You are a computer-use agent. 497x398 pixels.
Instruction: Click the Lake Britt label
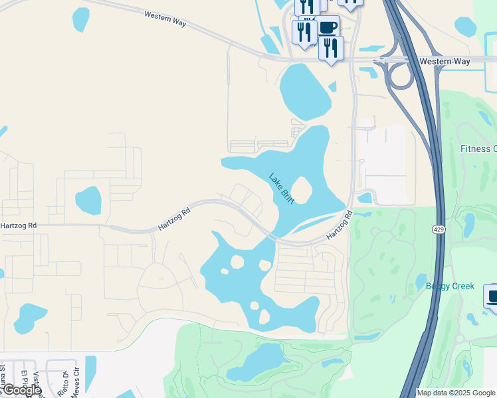click(282, 189)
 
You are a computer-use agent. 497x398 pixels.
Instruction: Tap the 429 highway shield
click(438, 229)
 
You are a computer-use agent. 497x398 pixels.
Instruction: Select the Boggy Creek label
click(450, 286)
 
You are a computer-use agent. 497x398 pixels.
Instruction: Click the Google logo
click(22, 390)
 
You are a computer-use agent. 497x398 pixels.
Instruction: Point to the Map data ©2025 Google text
click(456, 393)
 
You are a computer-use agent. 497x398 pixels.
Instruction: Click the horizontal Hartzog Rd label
click(18, 226)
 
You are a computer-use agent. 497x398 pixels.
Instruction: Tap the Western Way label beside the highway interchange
click(445, 61)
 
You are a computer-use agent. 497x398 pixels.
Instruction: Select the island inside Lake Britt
click(301, 191)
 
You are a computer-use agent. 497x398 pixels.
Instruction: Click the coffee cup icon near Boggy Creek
click(492, 296)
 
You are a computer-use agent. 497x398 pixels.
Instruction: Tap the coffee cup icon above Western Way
click(327, 27)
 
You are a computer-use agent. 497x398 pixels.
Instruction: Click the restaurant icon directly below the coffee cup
click(331, 48)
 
